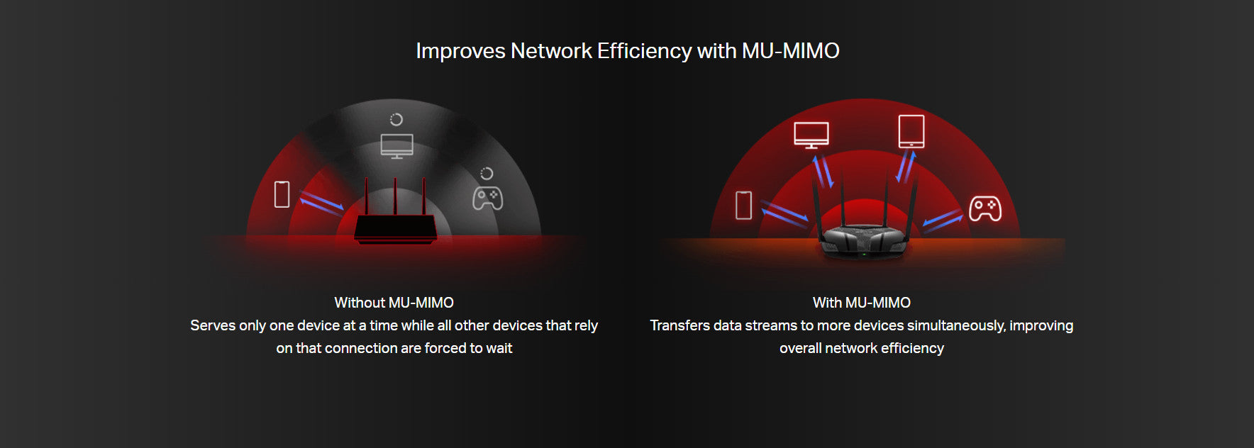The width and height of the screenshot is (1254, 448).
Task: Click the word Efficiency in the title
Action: (644, 51)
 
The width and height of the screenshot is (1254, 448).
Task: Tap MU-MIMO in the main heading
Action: (790, 51)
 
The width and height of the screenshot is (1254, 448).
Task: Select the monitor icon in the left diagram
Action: (396, 146)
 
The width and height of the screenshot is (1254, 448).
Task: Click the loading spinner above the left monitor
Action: (396, 119)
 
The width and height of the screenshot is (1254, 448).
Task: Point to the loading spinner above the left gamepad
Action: (487, 173)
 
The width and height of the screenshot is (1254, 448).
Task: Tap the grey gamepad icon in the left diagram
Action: (488, 198)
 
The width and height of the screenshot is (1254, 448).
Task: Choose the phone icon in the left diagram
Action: (282, 194)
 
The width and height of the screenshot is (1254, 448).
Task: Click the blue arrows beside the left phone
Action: (321, 201)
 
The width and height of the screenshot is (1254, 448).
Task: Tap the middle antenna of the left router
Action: (395, 196)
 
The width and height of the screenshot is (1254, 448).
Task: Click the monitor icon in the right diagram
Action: (811, 135)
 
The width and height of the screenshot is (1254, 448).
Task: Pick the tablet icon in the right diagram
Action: (911, 131)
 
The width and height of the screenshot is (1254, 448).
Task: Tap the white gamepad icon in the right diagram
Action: (985, 208)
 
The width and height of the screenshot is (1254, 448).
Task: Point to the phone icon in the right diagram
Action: (743, 205)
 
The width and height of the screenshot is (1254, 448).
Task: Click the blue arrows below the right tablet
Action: (906, 167)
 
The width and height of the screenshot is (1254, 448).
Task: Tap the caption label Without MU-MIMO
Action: (394, 303)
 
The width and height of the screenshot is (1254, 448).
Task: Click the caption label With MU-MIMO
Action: (861, 303)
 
